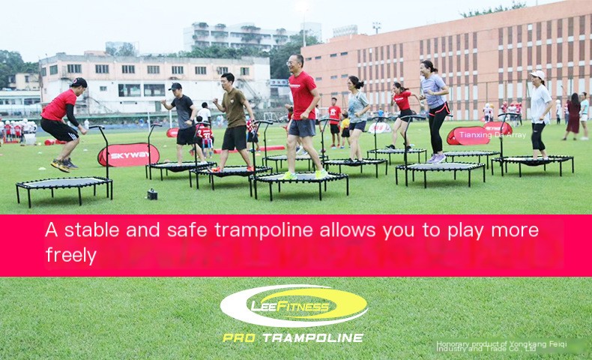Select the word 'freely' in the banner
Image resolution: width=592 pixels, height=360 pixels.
[x=70, y=255]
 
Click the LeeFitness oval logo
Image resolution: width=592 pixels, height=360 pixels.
[x=294, y=306]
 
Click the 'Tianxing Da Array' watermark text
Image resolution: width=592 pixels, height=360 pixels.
[x=492, y=135]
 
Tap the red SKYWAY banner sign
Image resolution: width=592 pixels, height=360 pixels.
[x=128, y=154]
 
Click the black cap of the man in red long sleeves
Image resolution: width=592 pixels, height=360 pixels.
[x=79, y=82]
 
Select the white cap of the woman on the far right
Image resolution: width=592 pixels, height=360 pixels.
[x=537, y=75]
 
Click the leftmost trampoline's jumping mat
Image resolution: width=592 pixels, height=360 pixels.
[x=63, y=183]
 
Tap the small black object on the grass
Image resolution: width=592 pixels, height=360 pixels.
[x=152, y=194]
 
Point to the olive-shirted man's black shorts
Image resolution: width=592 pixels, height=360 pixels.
[x=235, y=137]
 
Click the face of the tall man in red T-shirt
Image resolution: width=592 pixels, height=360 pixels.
[x=297, y=62]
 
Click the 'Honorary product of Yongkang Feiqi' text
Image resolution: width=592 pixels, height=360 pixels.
[x=501, y=343]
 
